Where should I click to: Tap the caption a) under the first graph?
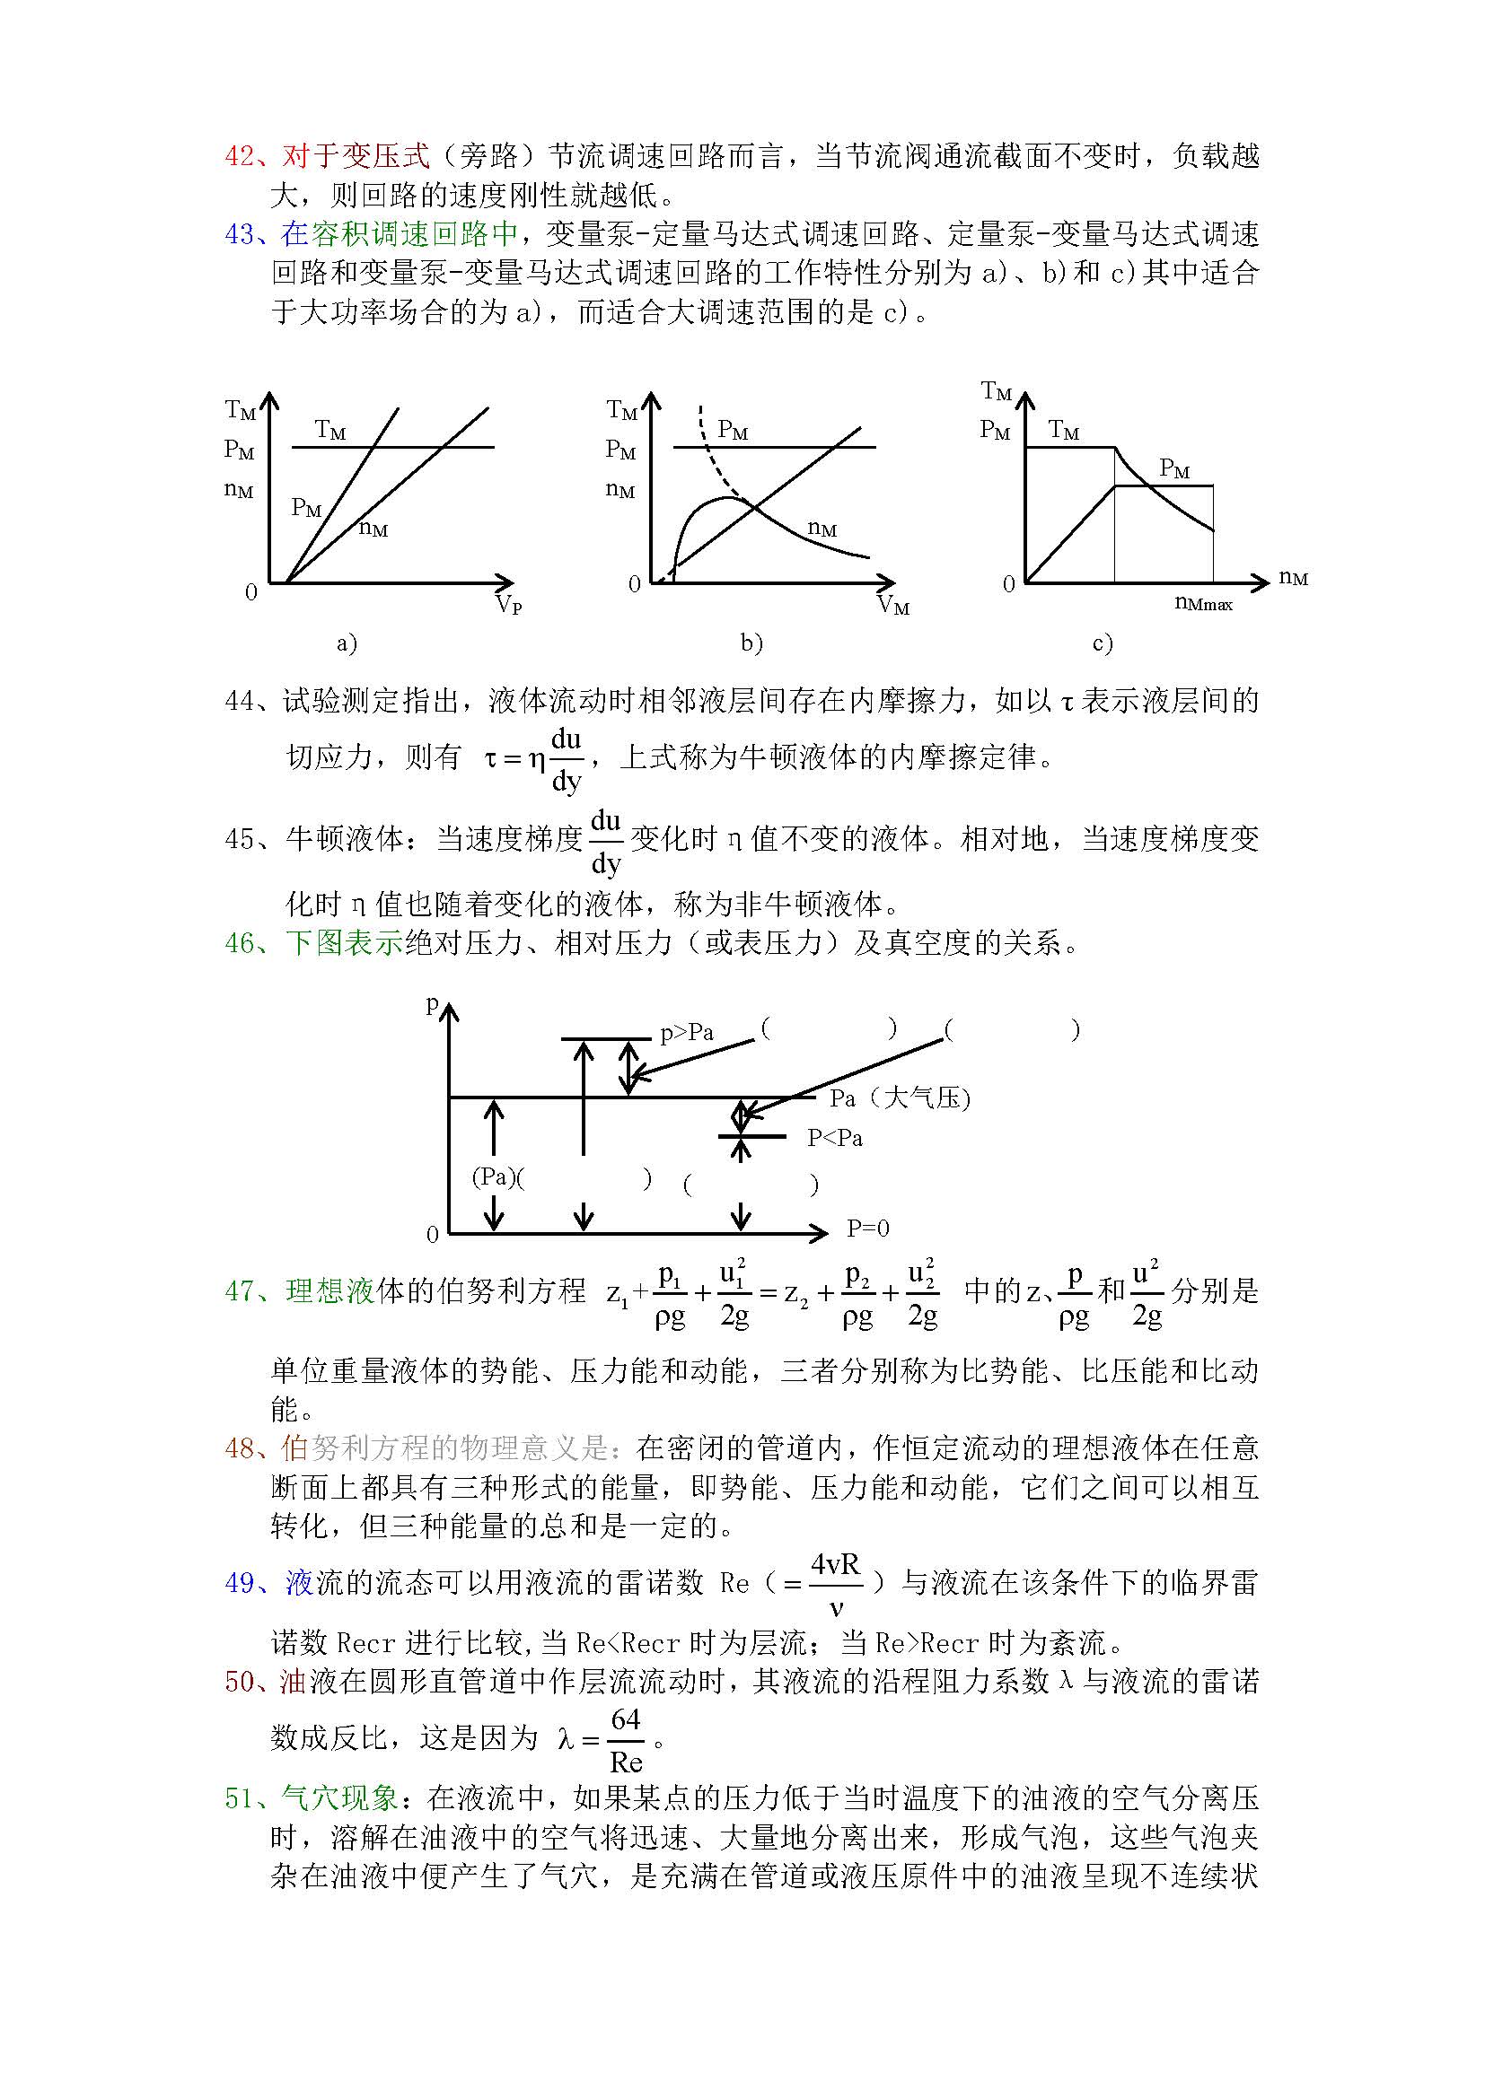[x=347, y=643]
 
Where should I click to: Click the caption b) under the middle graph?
[x=751, y=643]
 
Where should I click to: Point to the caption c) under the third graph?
[x=1103, y=643]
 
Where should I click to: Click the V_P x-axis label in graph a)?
[x=508, y=604]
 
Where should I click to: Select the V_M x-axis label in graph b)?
[x=893, y=604]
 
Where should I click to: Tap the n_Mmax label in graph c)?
[x=1203, y=603]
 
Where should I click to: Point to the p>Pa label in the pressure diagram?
[x=687, y=1033]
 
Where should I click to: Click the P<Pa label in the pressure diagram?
[x=835, y=1138]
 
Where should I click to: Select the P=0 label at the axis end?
[x=868, y=1229]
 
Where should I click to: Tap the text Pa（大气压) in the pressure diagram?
[x=900, y=1098]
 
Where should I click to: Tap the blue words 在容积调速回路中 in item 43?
[x=399, y=234]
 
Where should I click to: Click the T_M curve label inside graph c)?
[x=1063, y=430]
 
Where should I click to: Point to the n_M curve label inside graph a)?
[x=373, y=529]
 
